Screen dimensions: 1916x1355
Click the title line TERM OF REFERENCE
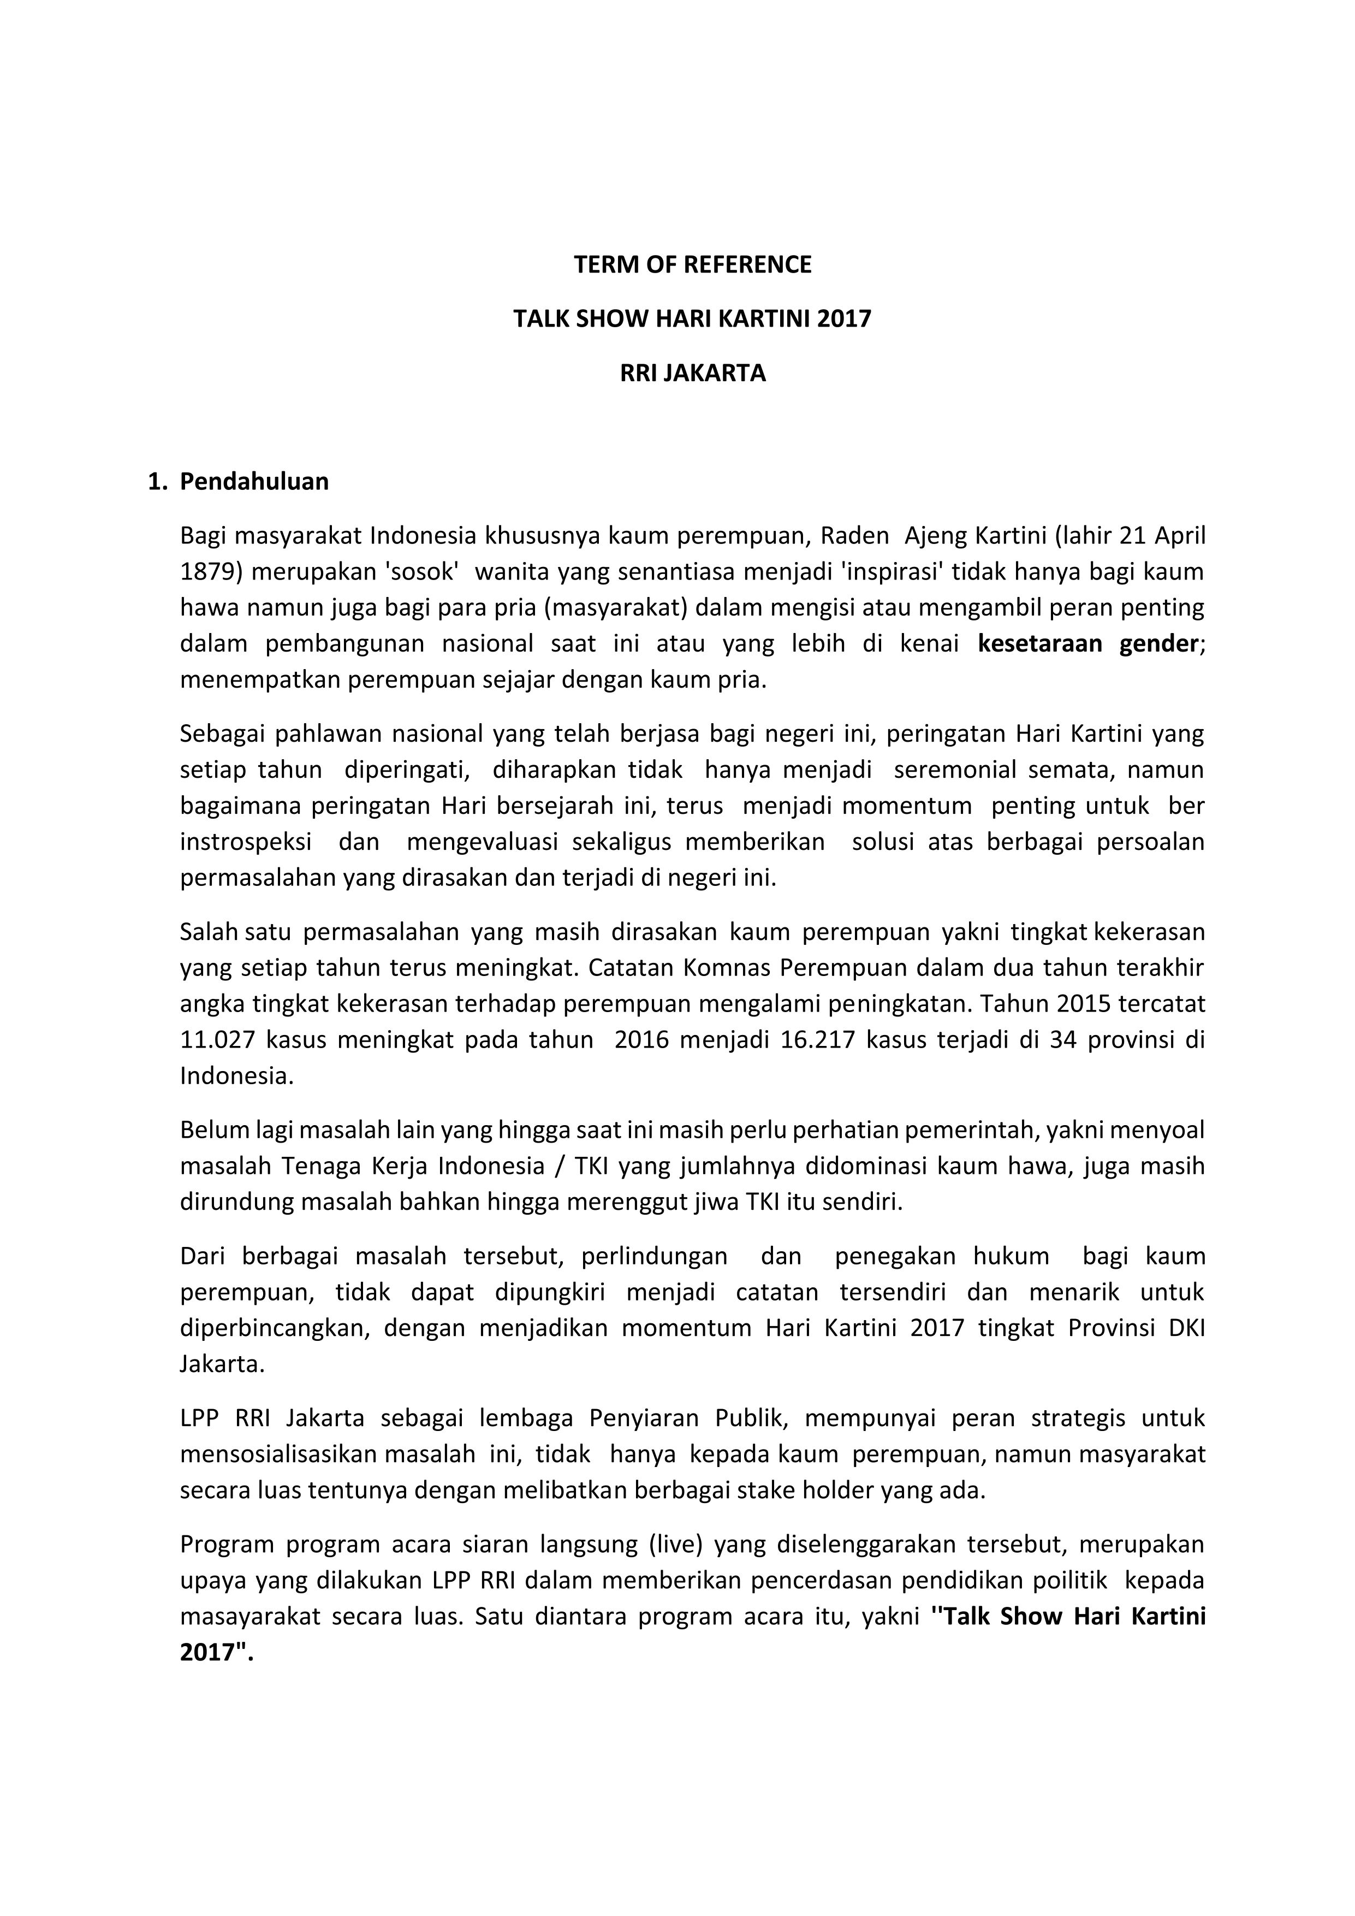point(693,264)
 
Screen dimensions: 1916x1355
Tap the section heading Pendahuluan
point(254,482)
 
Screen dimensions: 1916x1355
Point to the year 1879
point(210,572)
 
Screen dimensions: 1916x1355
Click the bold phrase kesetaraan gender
point(1088,643)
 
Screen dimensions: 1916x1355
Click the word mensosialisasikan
point(281,1454)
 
